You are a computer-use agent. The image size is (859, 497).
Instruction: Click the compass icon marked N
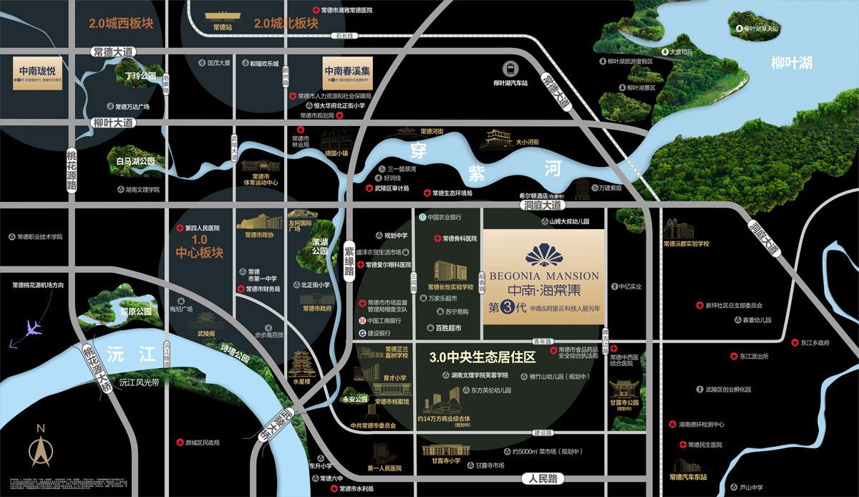41,446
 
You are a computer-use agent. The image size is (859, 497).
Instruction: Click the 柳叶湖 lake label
791,63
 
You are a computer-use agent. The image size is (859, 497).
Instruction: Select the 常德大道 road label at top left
113,52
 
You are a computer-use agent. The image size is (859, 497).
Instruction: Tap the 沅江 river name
122,354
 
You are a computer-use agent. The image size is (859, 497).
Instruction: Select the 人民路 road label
543,478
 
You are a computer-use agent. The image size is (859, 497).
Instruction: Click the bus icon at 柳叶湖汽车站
510,69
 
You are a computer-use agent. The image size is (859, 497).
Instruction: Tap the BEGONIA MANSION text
543,276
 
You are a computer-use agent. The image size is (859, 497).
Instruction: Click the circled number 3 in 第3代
506,308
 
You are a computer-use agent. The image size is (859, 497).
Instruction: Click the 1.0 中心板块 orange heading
199,246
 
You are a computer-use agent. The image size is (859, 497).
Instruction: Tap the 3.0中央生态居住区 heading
482,357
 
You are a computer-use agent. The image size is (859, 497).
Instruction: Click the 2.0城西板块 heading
121,23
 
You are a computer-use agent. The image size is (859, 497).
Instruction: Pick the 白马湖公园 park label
135,162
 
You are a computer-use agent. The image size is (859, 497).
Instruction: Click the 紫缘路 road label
349,259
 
